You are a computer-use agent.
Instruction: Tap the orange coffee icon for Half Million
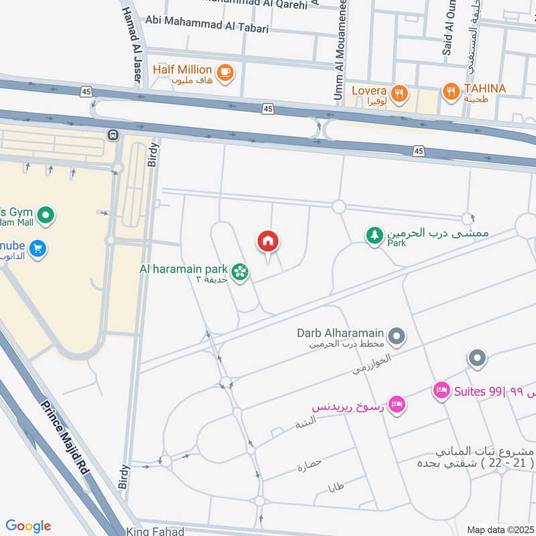[225, 70]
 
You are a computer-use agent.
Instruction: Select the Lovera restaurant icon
[399, 93]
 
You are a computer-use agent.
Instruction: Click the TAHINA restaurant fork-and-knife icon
[451, 90]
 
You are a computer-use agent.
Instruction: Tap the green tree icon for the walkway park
[374, 235]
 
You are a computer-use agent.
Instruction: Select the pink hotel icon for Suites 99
[441, 389]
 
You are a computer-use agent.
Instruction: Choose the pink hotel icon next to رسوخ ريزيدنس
[397, 405]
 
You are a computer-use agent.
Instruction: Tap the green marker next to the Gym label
[46, 215]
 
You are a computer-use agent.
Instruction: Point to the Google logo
[28, 526]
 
